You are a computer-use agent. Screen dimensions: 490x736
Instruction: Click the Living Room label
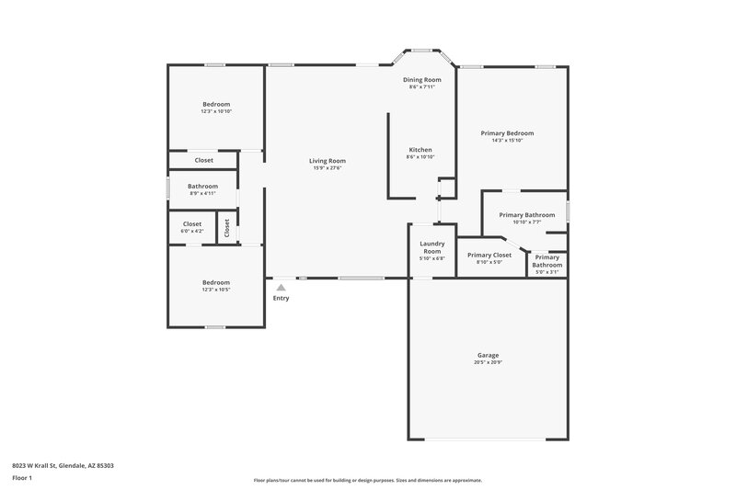click(x=328, y=161)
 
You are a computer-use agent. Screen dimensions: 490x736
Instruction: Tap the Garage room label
click(x=488, y=355)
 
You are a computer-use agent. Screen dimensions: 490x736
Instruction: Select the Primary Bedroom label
click(x=507, y=133)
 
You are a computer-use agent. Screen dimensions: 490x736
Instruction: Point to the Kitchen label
click(x=420, y=150)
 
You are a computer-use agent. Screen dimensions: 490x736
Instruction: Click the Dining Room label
click(x=421, y=80)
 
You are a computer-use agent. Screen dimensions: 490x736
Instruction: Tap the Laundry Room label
click(x=432, y=247)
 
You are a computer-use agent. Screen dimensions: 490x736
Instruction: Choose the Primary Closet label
click(x=489, y=255)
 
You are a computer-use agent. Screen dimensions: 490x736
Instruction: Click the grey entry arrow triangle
click(x=281, y=288)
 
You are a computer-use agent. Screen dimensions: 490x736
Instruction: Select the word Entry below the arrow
click(x=281, y=298)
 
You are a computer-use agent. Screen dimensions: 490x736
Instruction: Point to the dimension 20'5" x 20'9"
click(x=488, y=362)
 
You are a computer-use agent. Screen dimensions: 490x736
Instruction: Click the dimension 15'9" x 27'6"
click(x=328, y=168)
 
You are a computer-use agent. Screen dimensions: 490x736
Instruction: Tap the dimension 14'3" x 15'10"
click(x=507, y=141)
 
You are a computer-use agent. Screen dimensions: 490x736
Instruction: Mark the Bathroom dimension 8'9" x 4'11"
click(x=202, y=193)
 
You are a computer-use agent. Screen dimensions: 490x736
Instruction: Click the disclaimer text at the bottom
click(x=367, y=480)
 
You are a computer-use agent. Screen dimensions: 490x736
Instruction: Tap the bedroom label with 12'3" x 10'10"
click(x=216, y=104)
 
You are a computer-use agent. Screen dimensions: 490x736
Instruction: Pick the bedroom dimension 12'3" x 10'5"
click(x=216, y=290)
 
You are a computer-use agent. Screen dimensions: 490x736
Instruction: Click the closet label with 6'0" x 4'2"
click(x=192, y=223)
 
